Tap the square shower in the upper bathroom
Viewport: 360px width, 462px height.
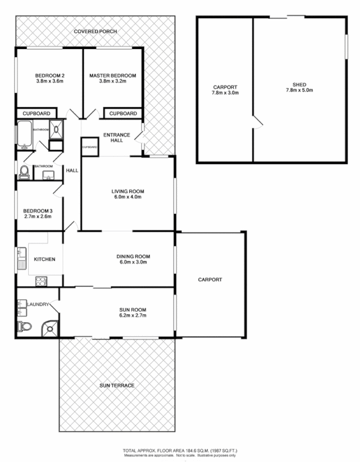click(x=57, y=131)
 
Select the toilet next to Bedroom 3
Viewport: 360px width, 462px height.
click(x=24, y=172)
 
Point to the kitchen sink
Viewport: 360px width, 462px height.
click(x=22, y=258)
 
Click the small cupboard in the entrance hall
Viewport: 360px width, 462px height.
click(x=89, y=147)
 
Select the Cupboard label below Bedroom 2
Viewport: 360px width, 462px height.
click(x=36, y=113)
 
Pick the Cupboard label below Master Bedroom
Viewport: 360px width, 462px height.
click(x=123, y=113)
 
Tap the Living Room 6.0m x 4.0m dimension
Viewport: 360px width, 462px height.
click(x=127, y=197)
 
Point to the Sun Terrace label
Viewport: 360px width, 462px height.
click(x=117, y=385)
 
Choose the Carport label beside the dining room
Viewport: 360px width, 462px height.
click(x=210, y=280)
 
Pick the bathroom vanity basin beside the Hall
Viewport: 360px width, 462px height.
click(x=48, y=174)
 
